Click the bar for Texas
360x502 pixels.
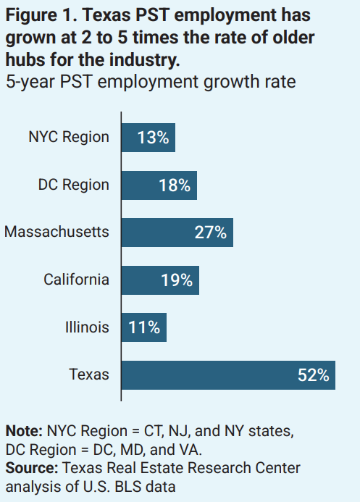tap(227, 375)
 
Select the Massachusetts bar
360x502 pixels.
tap(177, 233)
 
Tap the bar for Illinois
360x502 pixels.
tap(143, 327)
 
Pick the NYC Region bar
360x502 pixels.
tap(148, 138)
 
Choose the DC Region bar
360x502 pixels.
tap(159, 185)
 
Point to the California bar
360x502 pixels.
tap(160, 280)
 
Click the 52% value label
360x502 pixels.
tap(313, 375)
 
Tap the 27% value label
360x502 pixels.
tap(211, 233)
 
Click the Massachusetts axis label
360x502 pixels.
tap(56, 232)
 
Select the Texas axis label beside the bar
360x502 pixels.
tap(89, 374)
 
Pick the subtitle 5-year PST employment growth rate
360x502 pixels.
tap(150, 81)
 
